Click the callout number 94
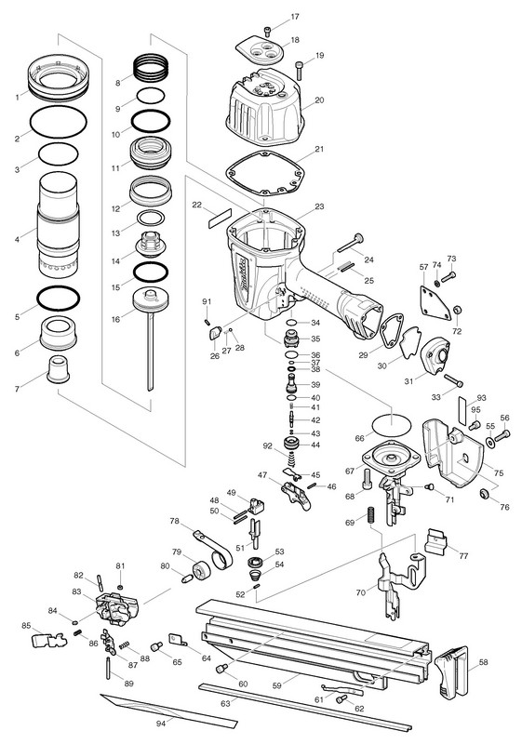(161, 724)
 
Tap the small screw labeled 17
(268, 32)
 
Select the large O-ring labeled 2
(59, 123)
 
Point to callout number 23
(319, 206)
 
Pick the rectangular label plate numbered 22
(220, 218)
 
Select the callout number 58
(483, 662)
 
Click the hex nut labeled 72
(458, 311)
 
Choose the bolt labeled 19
(300, 71)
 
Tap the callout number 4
(17, 240)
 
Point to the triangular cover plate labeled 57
(435, 304)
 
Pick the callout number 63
(225, 703)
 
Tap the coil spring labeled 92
(290, 459)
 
